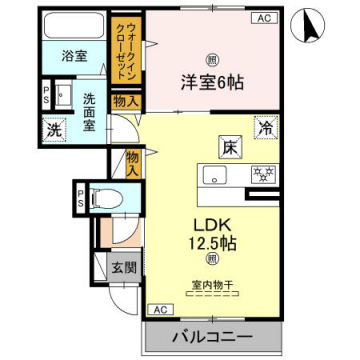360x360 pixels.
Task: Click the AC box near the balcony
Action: click(158, 310)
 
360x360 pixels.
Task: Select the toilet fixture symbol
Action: click(102, 198)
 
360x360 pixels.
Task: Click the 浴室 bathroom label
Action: click(72, 57)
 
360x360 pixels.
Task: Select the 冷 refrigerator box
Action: click(266, 128)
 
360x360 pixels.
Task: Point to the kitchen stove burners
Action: click(263, 175)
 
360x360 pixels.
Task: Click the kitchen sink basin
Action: click(215, 176)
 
